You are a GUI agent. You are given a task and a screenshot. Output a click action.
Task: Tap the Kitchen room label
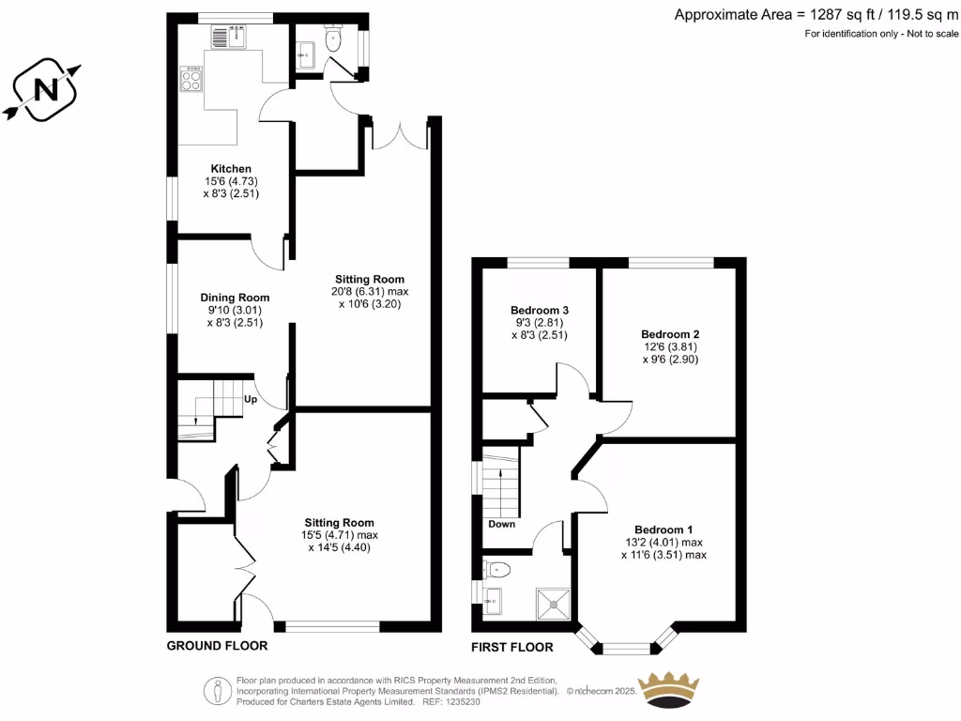(230, 169)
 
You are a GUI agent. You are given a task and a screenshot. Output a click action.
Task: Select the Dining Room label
(235, 298)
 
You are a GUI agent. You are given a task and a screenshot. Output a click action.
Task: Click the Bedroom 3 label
(540, 311)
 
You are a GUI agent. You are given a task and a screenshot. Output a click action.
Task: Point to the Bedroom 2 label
(670, 334)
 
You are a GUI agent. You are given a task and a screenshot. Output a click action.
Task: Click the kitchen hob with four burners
(192, 82)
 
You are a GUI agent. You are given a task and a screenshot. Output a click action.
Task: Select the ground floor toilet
(333, 39)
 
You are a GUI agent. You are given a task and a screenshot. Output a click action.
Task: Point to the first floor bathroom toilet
(496, 568)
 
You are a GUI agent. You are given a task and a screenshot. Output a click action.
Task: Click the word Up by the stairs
(251, 399)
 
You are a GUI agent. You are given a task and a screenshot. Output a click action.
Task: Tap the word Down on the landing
(502, 524)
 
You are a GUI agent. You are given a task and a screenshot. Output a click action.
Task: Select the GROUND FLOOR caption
(217, 646)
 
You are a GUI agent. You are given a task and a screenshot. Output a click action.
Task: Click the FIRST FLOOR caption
(512, 647)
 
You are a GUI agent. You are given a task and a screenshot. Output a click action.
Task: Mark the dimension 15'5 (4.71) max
(340, 536)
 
